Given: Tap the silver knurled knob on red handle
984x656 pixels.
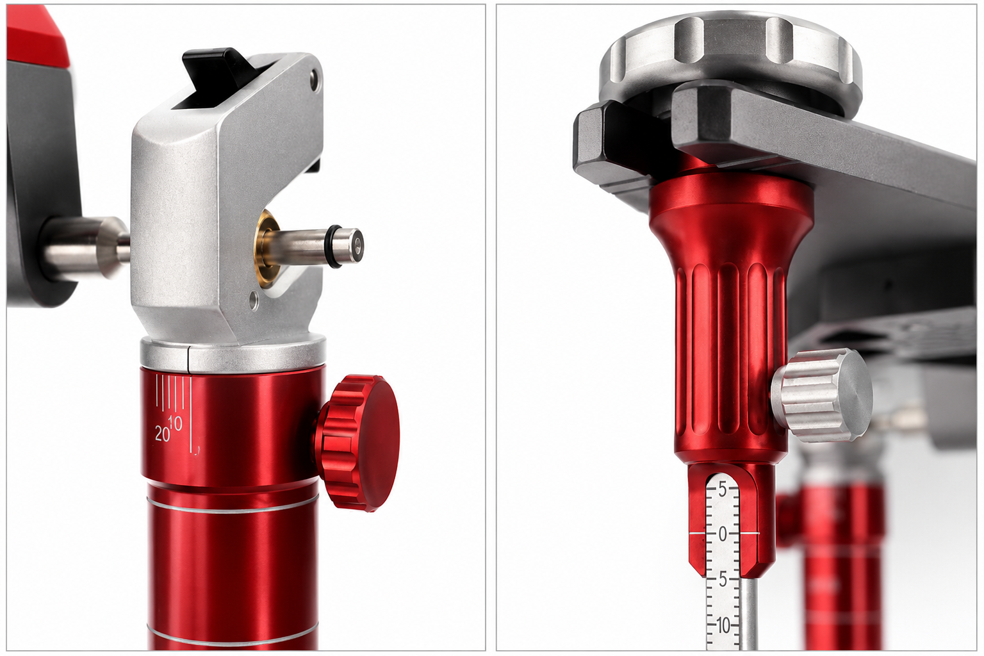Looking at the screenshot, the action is (x=822, y=395).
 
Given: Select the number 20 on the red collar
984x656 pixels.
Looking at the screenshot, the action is (x=163, y=434).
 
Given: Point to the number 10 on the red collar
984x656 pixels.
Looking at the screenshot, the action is (x=175, y=423).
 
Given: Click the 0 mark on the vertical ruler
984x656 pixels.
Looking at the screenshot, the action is (x=723, y=534).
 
